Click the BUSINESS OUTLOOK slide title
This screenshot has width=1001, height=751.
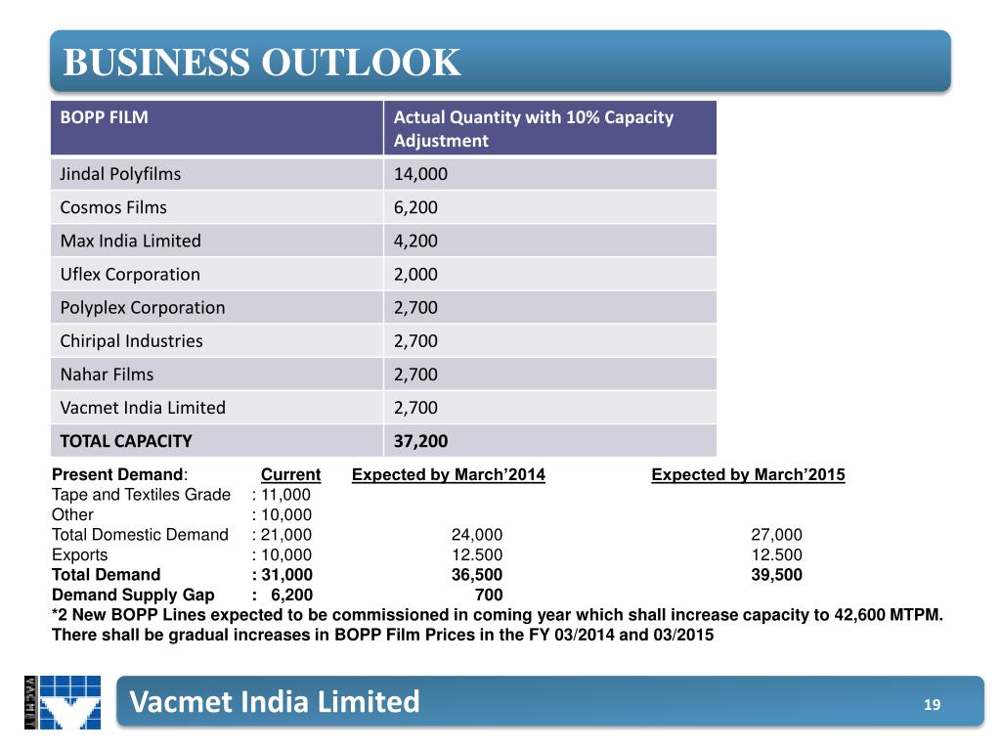[x=261, y=63]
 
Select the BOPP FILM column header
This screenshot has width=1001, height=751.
[x=105, y=117]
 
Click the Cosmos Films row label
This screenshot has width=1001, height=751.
[x=113, y=207]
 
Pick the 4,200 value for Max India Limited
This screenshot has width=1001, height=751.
[x=415, y=241]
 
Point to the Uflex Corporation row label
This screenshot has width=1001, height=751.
[x=130, y=274]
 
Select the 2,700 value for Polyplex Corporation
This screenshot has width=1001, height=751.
[x=415, y=307]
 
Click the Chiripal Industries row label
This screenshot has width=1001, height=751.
[x=132, y=340]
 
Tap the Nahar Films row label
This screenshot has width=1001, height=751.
[x=107, y=374]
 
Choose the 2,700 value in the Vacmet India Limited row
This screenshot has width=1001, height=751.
[x=415, y=407]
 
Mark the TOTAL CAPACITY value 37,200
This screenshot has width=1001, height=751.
[x=420, y=440]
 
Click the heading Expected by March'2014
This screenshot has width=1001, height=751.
[x=448, y=475]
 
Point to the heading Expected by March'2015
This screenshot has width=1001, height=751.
[x=748, y=475]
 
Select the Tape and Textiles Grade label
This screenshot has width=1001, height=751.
[x=141, y=495]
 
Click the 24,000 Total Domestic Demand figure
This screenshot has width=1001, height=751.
[x=477, y=535]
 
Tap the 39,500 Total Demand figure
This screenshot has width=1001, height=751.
[x=776, y=574]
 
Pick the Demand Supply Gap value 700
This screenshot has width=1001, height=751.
[x=488, y=595]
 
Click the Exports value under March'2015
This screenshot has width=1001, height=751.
[x=776, y=554]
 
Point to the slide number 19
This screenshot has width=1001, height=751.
[x=932, y=704]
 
